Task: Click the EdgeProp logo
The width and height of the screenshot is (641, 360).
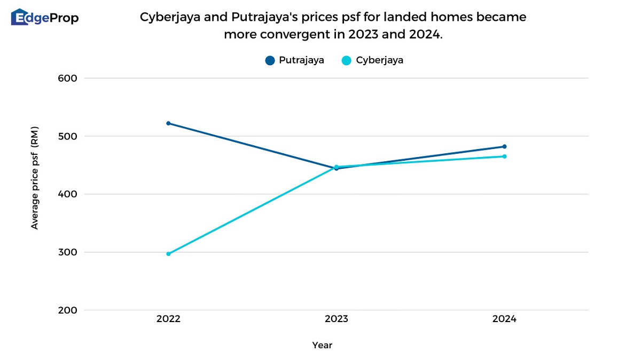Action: pyautogui.click(x=45, y=18)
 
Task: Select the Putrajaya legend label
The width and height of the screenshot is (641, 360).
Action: pyautogui.click(x=301, y=60)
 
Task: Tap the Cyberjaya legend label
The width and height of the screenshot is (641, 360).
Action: pyautogui.click(x=379, y=60)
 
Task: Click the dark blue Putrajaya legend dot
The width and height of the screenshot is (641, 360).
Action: pyautogui.click(x=270, y=60)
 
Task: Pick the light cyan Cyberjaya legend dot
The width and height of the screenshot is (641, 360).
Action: pyautogui.click(x=347, y=60)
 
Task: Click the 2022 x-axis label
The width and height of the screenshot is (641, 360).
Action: pyautogui.click(x=168, y=319)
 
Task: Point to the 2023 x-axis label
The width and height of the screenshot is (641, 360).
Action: pyautogui.click(x=336, y=319)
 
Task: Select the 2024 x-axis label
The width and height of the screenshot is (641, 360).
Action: pyautogui.click(x=504, y=319)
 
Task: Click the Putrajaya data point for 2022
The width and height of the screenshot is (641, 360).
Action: pyautogui.click(x=168, y=123)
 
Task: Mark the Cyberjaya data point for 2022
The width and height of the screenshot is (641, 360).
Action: pyautogui.click(x=168, y=254)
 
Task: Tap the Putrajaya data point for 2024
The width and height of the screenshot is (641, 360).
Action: pyautogui.click(x=504, y=146)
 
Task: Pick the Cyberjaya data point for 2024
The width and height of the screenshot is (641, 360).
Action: pyautogui.click(x=504, y=156)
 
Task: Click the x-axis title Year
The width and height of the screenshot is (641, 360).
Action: pyautogui.click(x=322, y=346)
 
